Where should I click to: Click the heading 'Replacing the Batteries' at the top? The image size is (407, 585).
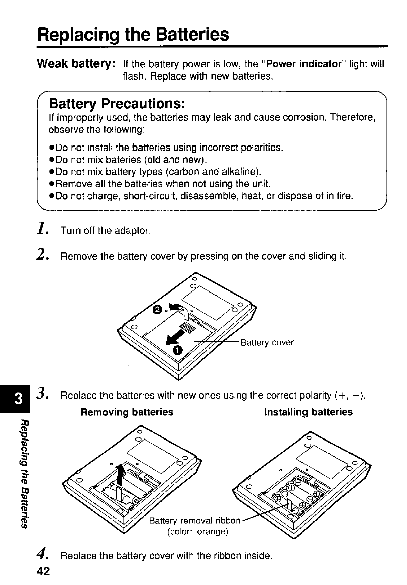click(133, 35)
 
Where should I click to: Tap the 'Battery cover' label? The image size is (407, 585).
click(267, 343)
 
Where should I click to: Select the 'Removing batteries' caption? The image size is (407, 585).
click(127, 412)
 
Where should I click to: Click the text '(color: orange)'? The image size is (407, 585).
click(198, 532)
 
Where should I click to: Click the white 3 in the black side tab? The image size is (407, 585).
click(18, 400)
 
